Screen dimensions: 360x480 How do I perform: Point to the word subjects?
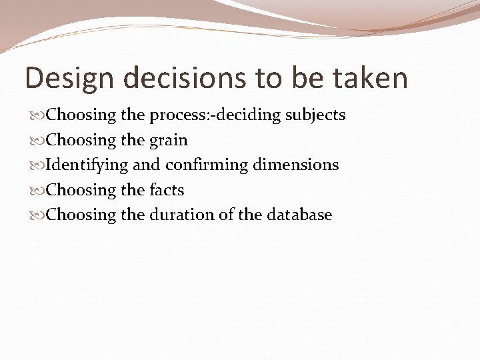[315, 115]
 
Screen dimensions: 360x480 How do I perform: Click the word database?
[300, 215]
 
